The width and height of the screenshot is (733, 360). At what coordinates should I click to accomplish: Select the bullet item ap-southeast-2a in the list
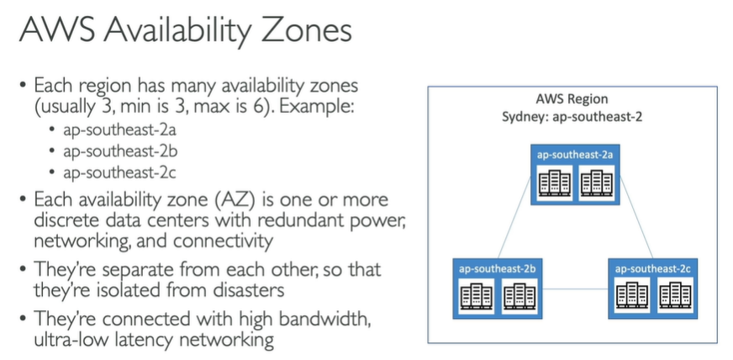coord(119,130)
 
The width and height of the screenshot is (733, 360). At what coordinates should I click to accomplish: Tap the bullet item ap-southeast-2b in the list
coord(119,151)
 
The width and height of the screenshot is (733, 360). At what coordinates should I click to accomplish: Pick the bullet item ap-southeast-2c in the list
coord(119,172)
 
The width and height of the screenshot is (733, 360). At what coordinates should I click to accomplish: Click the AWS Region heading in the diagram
coord(572,99)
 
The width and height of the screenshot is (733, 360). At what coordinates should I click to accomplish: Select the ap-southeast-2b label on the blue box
coord(494,268)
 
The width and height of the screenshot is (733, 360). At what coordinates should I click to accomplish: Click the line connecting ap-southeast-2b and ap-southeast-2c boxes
coord(572,290)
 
